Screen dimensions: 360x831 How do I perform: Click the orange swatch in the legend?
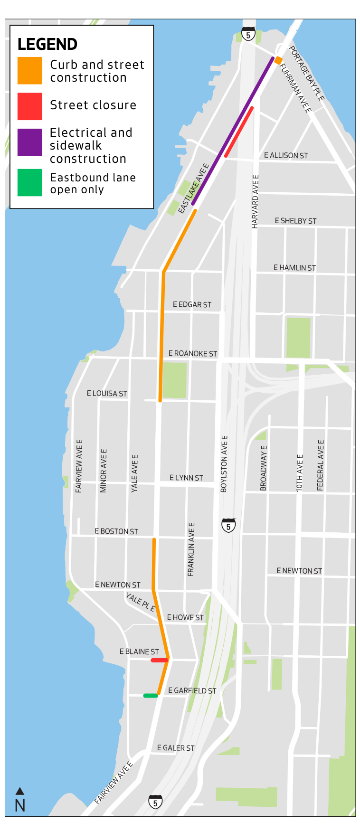coord(29,71)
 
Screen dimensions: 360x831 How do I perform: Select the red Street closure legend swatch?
coord(29,106)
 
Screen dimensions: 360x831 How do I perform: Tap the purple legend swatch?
coord(29,142)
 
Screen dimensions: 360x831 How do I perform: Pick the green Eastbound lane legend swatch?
coord(29,183)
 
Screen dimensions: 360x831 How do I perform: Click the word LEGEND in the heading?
coord(47,45)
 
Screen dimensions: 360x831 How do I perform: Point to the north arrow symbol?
coord(20,791)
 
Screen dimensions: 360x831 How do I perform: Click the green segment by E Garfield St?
coord(151,696)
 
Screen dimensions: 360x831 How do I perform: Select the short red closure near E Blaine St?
coord(159,660)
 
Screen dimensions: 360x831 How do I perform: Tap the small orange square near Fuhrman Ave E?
coord(278,60)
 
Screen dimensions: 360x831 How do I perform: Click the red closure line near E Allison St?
coord(239,132)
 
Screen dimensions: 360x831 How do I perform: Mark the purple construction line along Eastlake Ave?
coord(233,131)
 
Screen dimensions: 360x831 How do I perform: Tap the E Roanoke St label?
coord(192,354)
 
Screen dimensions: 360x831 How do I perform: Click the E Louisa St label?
coord(107,394)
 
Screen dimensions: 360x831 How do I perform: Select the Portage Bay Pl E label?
coord(306,74)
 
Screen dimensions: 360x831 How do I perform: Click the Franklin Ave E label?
coord(191,549)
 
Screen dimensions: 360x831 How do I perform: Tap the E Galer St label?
coord(176,748)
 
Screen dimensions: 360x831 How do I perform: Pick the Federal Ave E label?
coord(321,465)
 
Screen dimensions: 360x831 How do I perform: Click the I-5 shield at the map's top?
coord(248,34)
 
